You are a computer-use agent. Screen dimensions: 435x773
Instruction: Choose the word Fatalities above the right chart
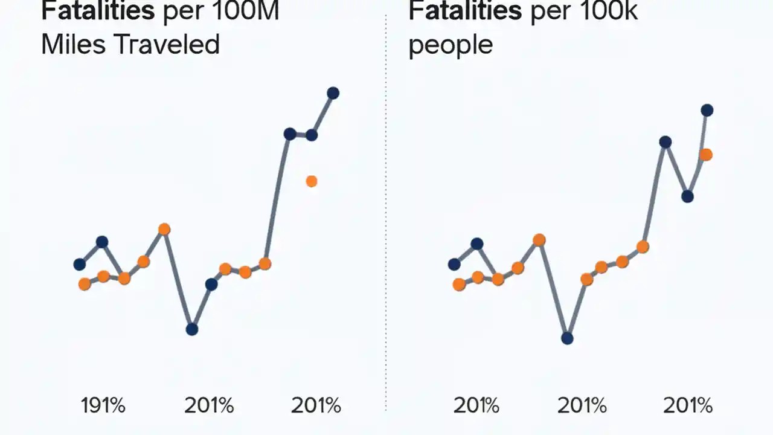point(464,11)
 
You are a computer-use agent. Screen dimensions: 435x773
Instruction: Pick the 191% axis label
point(103,405)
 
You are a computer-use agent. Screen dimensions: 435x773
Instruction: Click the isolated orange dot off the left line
point(312,181)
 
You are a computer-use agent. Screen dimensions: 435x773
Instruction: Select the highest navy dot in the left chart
point(333,93)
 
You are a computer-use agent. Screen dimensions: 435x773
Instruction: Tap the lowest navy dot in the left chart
point(192,329)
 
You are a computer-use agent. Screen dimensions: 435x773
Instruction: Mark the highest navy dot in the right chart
point(707,110)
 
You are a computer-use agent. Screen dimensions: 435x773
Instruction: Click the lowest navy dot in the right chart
point(567,338)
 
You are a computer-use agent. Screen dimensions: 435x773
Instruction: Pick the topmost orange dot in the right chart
point(705,155)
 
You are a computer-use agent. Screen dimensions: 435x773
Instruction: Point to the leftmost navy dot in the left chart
point(80,264)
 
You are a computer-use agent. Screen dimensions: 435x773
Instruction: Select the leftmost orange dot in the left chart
point(85,284)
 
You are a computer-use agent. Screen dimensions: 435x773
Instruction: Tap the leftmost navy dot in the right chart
point(454,264)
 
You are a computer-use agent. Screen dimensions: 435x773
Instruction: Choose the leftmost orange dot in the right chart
point(459,285)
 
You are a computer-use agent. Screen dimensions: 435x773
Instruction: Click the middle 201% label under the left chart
point(209,405)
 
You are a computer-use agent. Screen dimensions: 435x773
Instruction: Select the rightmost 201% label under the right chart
point(688,405)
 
